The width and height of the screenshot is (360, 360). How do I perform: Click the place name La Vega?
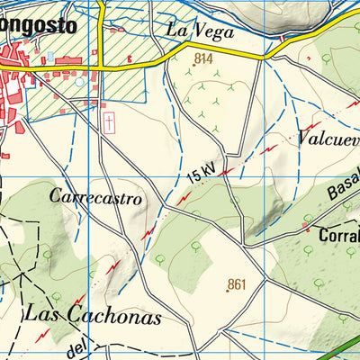pyautogui.click(x=200, y=31)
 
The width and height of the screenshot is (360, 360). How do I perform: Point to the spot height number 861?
pyautogui.click(x=237, y=283)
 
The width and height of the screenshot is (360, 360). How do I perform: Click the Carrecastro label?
pyautogui.click(x=96, y=197)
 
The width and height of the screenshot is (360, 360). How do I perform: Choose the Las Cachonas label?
pyautogui.click(x=93, y=316)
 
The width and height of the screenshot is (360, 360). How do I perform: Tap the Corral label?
pyautogui.click(x=339, y=236)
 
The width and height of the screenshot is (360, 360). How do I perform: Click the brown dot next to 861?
pyautogui.click(x=227, y=291)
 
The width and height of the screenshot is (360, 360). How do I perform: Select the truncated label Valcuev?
pyautogui.click(x=327, y=139)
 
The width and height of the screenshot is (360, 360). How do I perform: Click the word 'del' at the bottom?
pyautogui.click(x=79, y=346)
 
